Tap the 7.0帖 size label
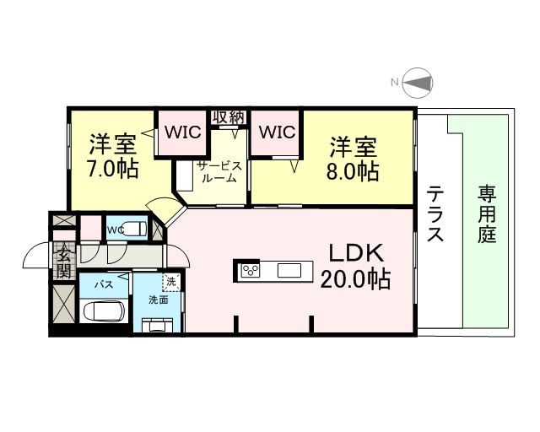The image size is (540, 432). (112, 167)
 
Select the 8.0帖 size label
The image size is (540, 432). (354, 171)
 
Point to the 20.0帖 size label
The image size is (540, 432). (355, 279)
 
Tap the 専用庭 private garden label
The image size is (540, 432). (487, 214)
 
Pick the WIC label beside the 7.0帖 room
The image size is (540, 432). (182, 132)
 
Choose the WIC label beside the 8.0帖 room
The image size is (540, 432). (276, 132)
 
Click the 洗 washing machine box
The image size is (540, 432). (172, 281)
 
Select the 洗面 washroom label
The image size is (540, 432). (159, 299)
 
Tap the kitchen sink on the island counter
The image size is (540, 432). (289, 271)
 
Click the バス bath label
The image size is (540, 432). (103, 284)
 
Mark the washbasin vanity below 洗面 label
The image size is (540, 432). (158, 324)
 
